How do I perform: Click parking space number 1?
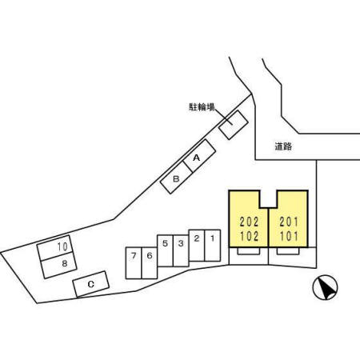[x=213, y=246]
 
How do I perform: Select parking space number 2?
[x=197, y=246]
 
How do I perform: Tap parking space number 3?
[x=181, y=250]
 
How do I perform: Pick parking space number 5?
[x=165, y=250]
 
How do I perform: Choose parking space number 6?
[x=150, y=263]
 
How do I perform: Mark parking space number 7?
[x=134, y=263]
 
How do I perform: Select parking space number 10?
[x=55, y=248]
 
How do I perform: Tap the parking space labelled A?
[x=199, y=156]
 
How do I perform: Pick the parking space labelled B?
[x=176, y=178]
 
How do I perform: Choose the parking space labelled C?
[x=91, y=284]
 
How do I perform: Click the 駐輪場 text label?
[x=202, y=107]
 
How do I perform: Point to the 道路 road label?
[x=283, y=146]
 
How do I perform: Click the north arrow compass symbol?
[x=325, y=288]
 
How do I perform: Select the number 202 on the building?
[x=249, y=222]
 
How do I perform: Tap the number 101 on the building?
[x=289, y=236]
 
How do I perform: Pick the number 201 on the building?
[x=289, y=222]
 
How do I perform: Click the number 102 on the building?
[x=249, y=236]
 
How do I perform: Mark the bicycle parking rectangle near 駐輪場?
[x=234, y=125]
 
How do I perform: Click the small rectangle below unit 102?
[x=249, y=251]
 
